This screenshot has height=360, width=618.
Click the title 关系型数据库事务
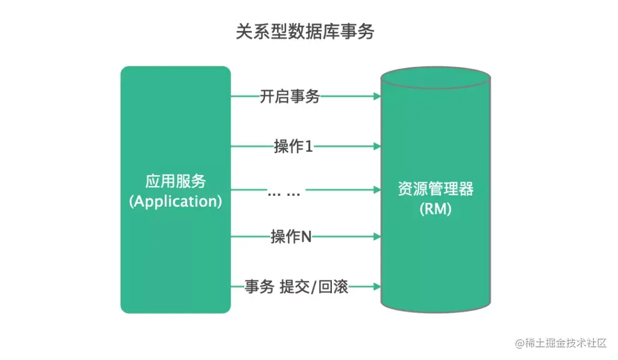coord(305,32)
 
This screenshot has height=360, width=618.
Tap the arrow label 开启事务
coord(290,97)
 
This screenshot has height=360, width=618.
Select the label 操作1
coord(294,147)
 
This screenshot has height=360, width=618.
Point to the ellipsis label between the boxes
coord(284,193)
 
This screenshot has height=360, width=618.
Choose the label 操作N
coord(291,236)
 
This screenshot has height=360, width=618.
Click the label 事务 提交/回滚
coord(296,286)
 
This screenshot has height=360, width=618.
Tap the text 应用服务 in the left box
coord(175,181)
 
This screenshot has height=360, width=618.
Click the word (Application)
coord(175,201)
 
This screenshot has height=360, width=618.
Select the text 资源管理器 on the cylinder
coord(435,189)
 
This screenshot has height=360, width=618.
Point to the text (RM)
coord(435,209)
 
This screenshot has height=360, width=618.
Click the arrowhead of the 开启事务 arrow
coord(377,97)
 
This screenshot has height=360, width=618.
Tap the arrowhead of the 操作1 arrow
coord(377,147)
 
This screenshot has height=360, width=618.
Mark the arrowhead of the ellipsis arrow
coord(377,189)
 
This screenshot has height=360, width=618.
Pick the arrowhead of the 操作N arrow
coord(377,236)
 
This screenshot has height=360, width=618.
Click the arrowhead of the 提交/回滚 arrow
coord(377,286)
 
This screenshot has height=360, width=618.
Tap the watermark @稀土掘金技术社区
coord(560,343)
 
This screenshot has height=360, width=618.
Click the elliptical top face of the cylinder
coord(435,79)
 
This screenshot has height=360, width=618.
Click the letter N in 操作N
coord(306,237)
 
